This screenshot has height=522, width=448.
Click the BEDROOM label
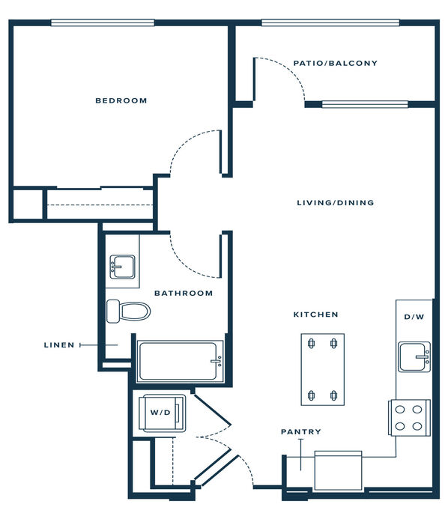coord(121,100)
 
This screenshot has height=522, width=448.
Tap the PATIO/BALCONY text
coord(336,63)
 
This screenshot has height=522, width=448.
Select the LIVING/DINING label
coord(336,202)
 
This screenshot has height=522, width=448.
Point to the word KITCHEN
coord(315,315)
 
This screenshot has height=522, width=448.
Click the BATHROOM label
coord(184,294)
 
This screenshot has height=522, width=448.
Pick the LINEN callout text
coord(59,345)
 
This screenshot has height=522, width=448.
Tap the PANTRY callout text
coord(301,432)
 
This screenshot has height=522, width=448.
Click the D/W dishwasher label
coord(414,317)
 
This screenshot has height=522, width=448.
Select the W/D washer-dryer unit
coord(163,413)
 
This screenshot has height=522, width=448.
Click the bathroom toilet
coord(128,312)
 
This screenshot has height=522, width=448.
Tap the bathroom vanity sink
coord(122,267)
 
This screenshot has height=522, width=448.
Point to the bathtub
coord(180,361)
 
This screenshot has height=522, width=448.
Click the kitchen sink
coord(414,356)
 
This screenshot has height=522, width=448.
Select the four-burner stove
coord(409,418)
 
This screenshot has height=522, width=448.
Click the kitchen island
coord(322,369)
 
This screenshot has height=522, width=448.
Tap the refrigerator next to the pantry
coord(338,470)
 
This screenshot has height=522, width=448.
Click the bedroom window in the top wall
coord(103,22)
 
